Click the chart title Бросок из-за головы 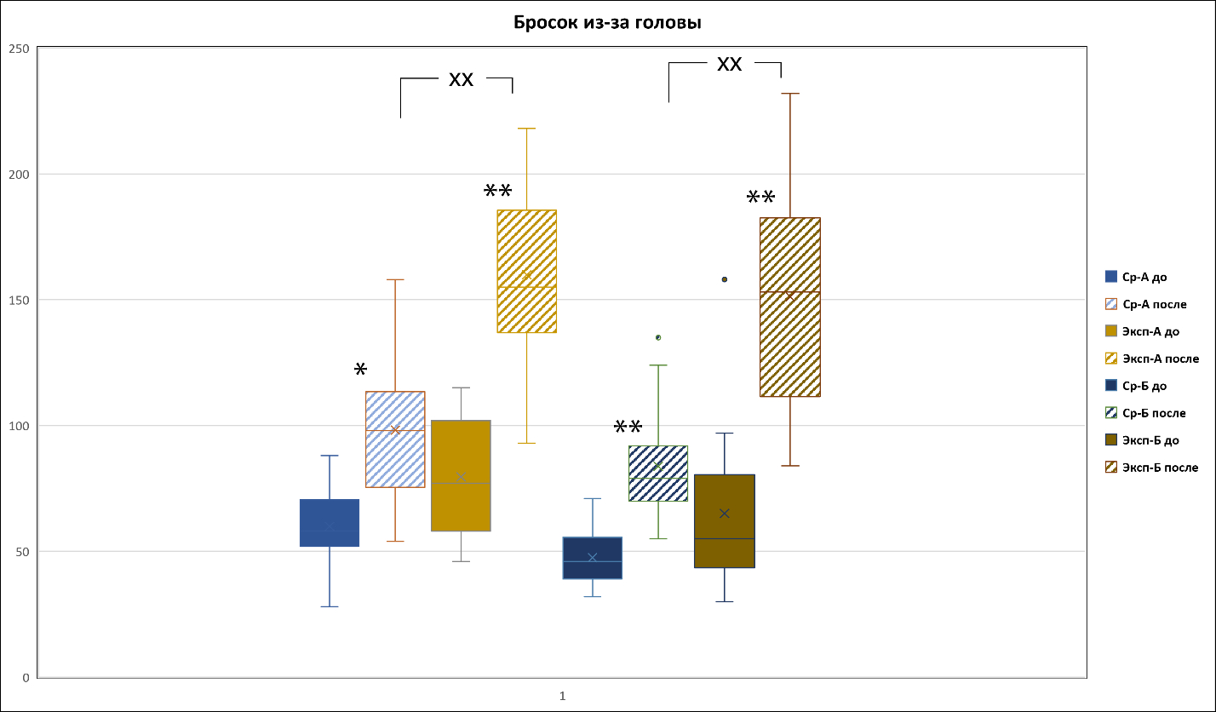coord(607,23)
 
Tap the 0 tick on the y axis coord(26,678)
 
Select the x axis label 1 coord(562,696)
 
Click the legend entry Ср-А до coord(1144,277)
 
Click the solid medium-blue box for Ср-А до coord(330,523)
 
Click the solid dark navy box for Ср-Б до coord(593,558)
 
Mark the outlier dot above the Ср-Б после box coord(658,337)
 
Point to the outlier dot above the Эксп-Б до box coord(725,279)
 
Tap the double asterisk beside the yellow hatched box coord(498,192)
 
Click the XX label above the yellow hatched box coord(461,80)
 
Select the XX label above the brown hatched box coord(729,65)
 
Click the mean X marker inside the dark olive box coord(725,513)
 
